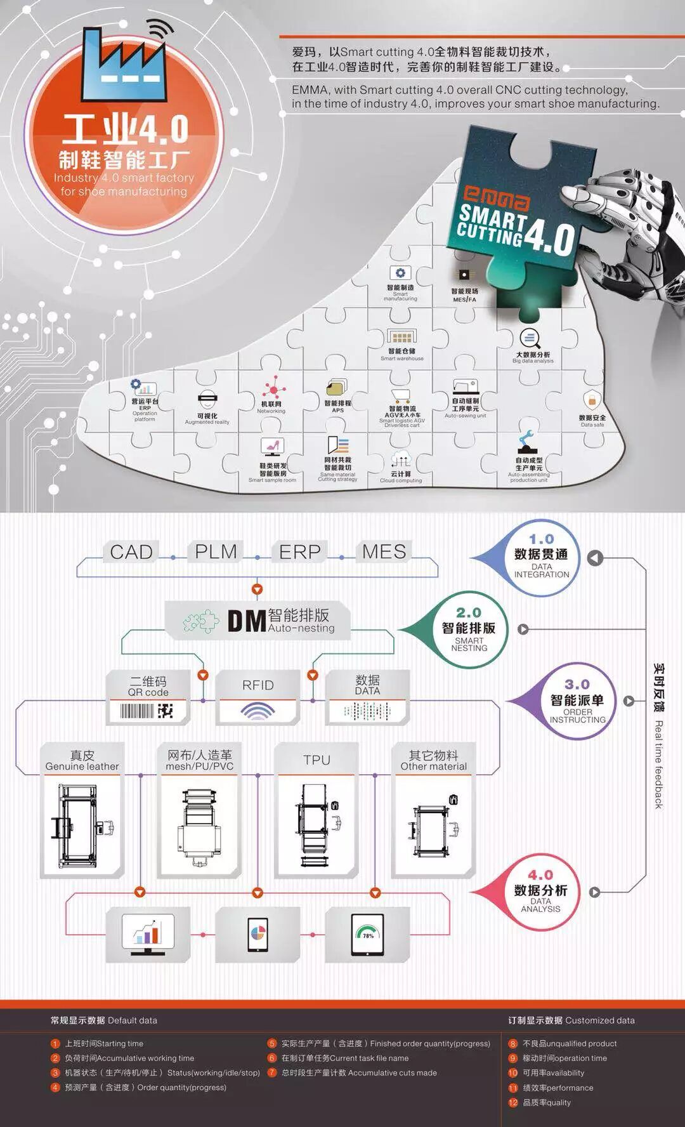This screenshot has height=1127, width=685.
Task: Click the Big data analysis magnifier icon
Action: (530, 338)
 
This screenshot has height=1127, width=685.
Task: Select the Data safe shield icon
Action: (592, 400)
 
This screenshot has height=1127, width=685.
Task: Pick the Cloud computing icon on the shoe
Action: (401, 458)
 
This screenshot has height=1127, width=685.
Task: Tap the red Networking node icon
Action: (274, 387)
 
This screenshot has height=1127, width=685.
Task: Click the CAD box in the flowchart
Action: (131, 552)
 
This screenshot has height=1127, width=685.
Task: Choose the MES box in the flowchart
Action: (384, 552)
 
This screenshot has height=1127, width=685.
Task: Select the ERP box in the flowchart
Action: (300, 552)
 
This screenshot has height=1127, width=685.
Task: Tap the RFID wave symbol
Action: (258, 711)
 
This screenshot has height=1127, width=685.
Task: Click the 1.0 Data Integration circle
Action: (540, 558)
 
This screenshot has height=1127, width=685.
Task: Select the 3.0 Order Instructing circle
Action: (577, 701)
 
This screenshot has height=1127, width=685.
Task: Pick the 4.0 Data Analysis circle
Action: (540, 892)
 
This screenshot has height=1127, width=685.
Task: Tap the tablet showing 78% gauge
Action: (367, 935)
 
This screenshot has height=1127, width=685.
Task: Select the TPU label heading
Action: (316, 760)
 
